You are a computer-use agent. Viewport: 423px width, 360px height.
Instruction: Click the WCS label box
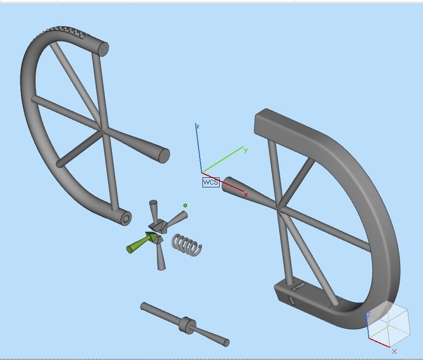tap(211, 182)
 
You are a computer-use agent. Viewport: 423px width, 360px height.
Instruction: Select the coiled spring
tap(186, 245)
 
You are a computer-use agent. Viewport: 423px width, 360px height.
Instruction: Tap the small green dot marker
tap(185, 206)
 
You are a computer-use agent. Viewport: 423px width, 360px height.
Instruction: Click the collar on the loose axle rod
tap(187, 325)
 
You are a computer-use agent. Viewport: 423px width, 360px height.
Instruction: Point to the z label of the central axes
tap(198, 126)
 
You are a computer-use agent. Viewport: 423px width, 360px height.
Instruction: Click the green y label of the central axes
tap(245, 150)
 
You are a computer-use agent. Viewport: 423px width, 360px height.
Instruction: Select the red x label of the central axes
tap(246, 195)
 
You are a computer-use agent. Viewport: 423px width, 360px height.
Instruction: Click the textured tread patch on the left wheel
tap(61, 33)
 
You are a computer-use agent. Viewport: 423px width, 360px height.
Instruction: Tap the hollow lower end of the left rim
tap(126, 218)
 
